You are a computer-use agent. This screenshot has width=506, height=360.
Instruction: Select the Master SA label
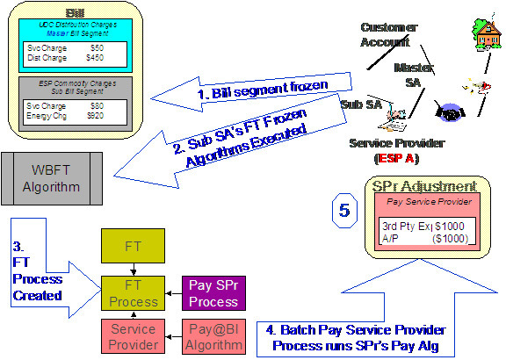point(410,75)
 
